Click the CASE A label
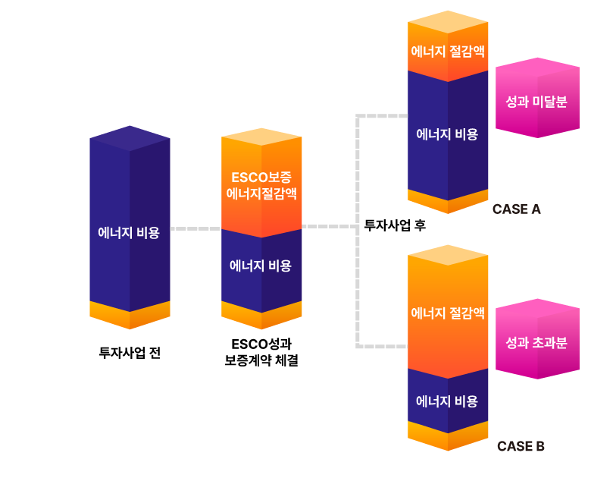tap(516, 209)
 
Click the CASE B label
tap(521, 446)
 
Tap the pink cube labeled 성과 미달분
tap(536, 102)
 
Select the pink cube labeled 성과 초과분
tap(536, 342)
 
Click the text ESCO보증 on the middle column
tap(261, 178)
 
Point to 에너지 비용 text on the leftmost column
tap(129, 233)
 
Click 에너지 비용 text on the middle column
tap(261, 266)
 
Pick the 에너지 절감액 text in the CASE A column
tap(448, 51)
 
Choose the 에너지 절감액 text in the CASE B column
tap(448, 313)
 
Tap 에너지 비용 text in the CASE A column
tap(448, 134)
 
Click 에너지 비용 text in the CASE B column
tap(448, 401)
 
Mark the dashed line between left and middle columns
tap(195, 228)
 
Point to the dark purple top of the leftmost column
tap(130, 137)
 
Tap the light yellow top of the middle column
tap(261, 138)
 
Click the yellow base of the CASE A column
tap(448, 202)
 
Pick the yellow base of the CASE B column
tap(448, 436)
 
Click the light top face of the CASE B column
tap(448, 255)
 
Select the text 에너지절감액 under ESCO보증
tap(261, 193)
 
